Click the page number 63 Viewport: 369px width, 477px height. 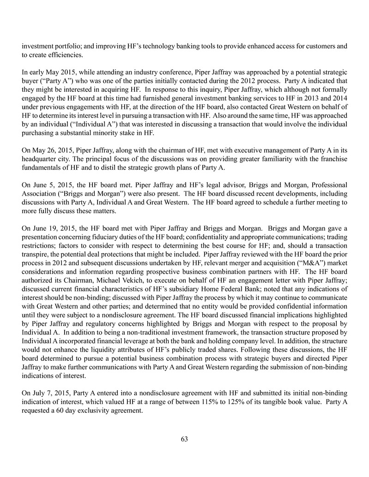pyautogui.click(x=184, y=439)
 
